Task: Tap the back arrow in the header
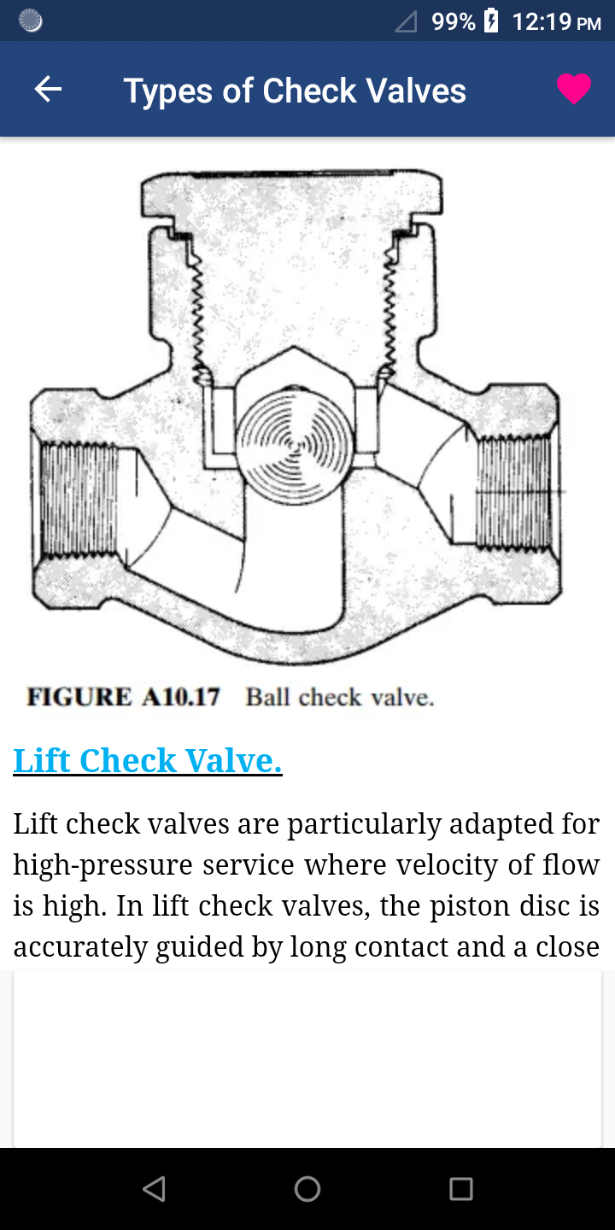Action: [x=48, y=89]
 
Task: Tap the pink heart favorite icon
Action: [x=574, y=89]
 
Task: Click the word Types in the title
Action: [x=168, y=91]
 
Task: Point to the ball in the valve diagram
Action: [x=295, y=445]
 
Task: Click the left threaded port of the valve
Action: [x=79, y=499]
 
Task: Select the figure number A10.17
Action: [x=181, y=697]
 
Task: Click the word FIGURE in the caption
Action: [x=79, y=697]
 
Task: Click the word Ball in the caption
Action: [x=267, y=697]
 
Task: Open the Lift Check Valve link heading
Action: [x=148, y=760]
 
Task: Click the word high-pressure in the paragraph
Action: [x=102, y=864]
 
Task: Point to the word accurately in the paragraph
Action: [x=80, y=947]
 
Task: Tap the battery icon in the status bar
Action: [x=491, y=20]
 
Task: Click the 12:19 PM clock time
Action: [x=557, y=22]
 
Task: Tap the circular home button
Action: [x=307, y=1189]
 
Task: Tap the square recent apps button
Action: [x=461, y=1189]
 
